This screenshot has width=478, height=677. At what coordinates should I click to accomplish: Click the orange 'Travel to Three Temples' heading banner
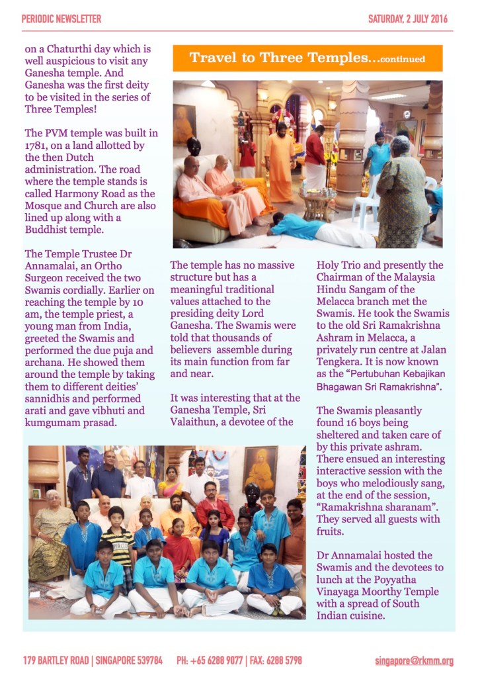tap(307, 58)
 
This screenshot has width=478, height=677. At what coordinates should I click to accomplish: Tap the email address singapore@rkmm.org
tap(414, 660)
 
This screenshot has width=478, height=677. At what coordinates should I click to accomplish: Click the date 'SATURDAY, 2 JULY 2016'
tap(407, 19)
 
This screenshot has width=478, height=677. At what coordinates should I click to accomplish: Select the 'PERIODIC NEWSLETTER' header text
tap(61, 19)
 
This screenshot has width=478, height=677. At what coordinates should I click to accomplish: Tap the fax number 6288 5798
tap(286, 660)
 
